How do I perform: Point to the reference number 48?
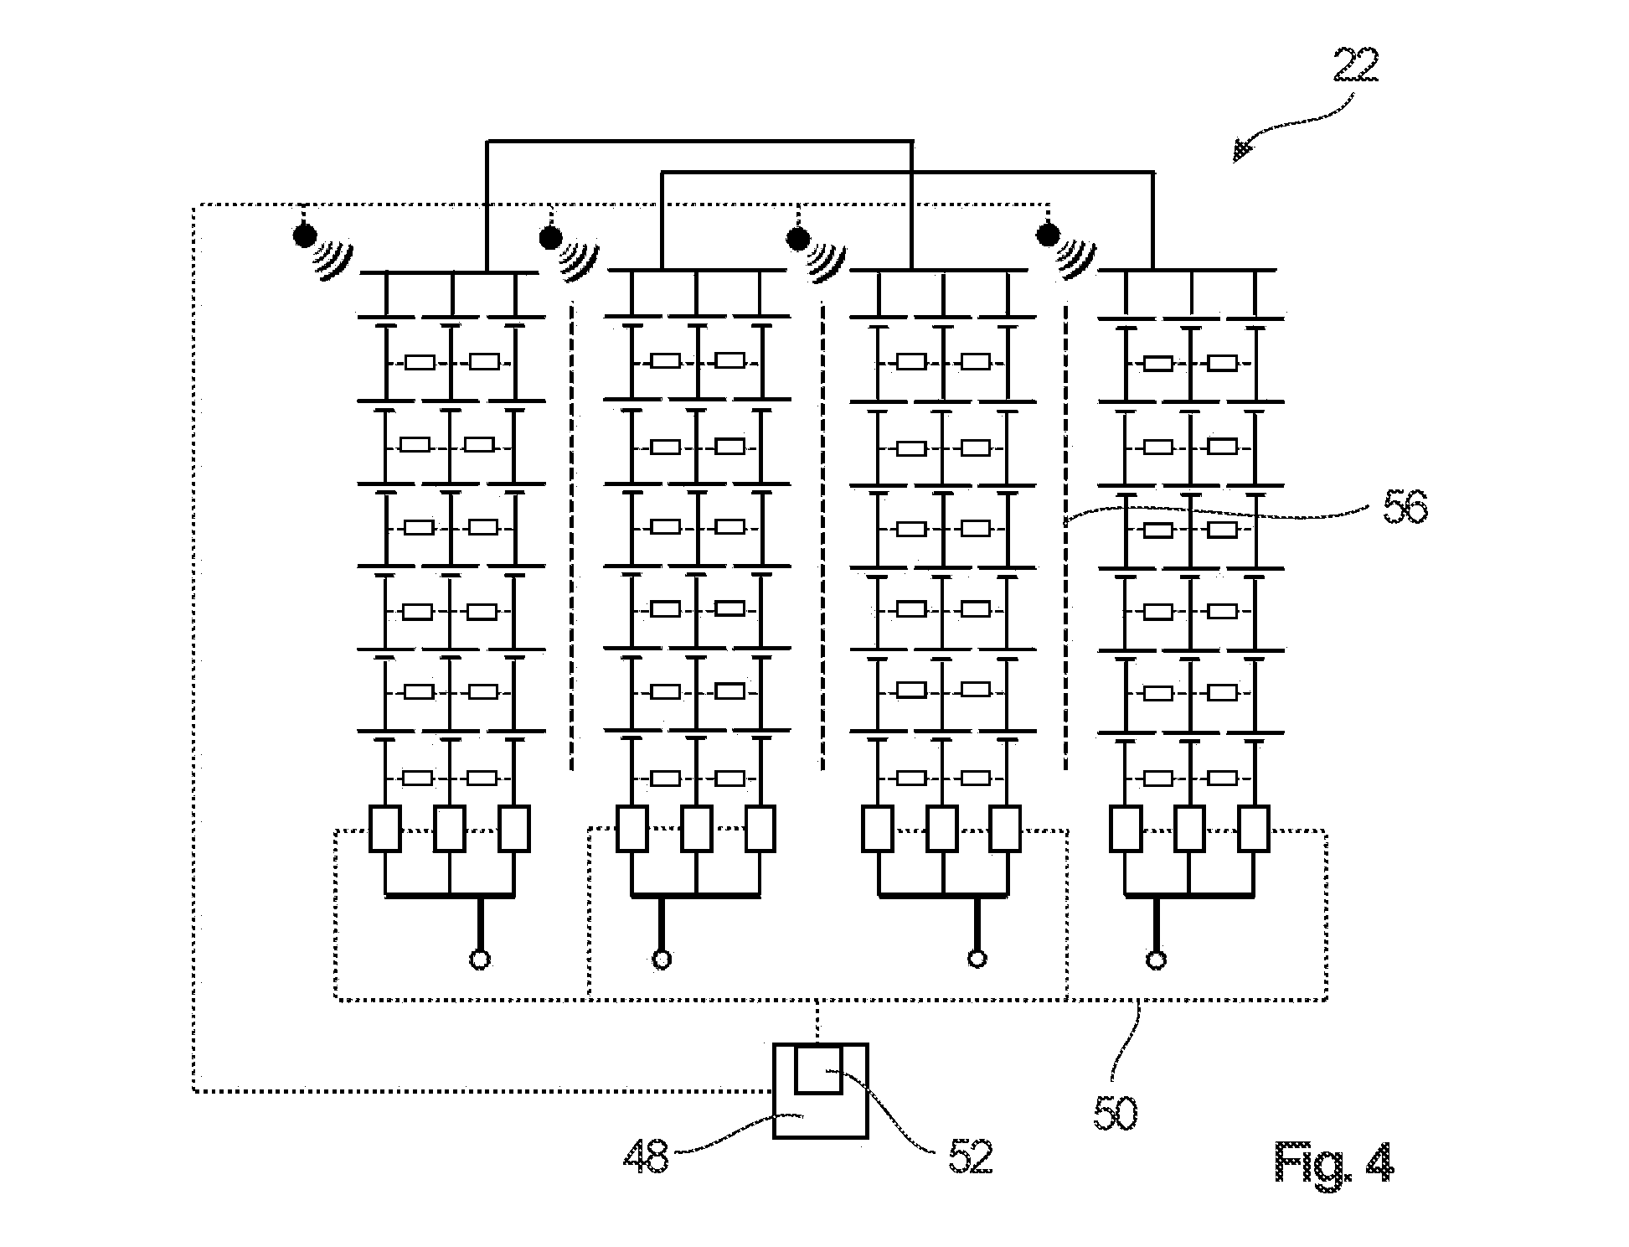pos(646,1156)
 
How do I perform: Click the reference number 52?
pos(970,1156)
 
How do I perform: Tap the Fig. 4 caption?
pos(1334,1162)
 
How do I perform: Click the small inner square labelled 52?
pos(818,1068)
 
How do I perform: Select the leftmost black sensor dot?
pos(304,235)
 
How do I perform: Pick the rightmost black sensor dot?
pos(1047,235)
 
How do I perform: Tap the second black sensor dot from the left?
pos(550,239)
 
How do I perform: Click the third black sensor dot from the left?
pos(797,239)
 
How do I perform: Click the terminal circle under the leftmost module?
pos(480,960)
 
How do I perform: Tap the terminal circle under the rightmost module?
pos(1157,960)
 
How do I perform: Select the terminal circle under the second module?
pos(662,960)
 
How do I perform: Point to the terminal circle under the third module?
pos(977,959)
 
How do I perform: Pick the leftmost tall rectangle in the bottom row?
pos(385,829)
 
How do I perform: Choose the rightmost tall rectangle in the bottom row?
pos(1254,829)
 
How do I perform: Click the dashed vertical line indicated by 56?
pos(1065,536)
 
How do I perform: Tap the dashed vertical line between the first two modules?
pos(572,536)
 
